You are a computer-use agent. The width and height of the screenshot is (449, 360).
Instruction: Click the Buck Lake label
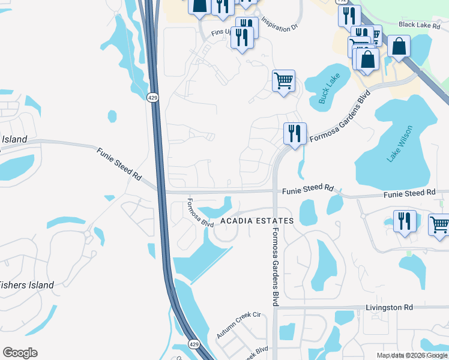[x=330, y=89]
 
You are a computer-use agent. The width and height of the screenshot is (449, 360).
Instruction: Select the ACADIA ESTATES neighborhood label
[x=257, y=221]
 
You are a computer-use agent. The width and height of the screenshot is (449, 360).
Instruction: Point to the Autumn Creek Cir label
[x=240, y=325]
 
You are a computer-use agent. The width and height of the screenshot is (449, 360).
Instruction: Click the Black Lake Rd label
[x=424, y=25]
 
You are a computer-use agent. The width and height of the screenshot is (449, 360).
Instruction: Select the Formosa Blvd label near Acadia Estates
[x=200, y=212]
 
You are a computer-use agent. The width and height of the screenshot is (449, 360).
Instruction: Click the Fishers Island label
[x=26, y=285]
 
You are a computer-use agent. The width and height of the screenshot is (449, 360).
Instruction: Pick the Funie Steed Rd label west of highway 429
[x=118, y=166]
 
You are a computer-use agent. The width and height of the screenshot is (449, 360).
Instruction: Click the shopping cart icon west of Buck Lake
[x=283, y=80]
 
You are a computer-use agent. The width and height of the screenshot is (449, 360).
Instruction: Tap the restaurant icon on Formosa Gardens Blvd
[x=295, y=133]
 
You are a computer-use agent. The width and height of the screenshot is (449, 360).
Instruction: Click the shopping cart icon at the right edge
[x=439, y=224]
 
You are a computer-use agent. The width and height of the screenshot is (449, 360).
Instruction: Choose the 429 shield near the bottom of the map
[x=193, y=344]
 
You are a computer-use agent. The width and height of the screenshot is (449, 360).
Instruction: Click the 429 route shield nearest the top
[x=152, y=97]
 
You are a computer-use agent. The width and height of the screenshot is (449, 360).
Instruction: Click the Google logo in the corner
[x=20, y=353]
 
